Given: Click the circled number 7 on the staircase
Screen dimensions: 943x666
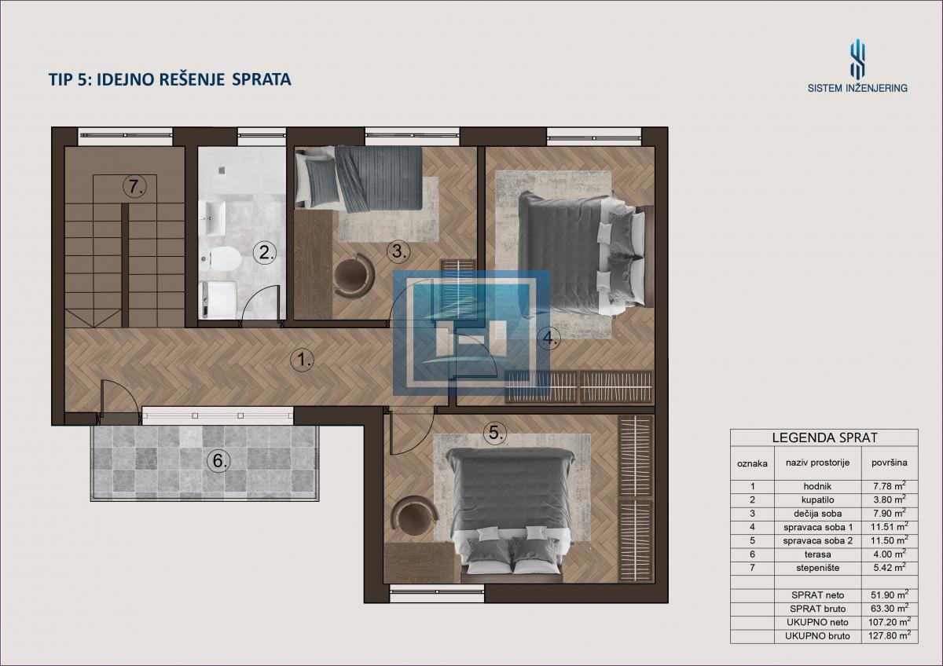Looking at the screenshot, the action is [x=134, y=186].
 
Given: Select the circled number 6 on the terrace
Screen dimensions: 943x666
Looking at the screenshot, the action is [x=219, y=461].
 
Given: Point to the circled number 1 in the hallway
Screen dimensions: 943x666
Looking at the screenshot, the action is [x=303, y=360].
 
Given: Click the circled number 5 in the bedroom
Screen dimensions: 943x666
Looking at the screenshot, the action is [x=495, y=432].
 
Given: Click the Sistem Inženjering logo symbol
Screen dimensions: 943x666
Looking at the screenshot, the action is [x=857, y=64].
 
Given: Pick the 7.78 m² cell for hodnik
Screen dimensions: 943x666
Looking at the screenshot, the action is [x=889, y=486].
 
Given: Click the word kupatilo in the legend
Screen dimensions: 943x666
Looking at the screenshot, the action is [x=817, y=499].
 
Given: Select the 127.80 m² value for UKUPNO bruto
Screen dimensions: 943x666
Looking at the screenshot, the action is [x=889, y=635].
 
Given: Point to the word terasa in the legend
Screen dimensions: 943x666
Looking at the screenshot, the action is [x=817, y=554].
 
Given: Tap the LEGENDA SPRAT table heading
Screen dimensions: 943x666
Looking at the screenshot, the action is [x=824, y=437].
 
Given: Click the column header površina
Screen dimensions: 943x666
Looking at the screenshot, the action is [x=889, y=463].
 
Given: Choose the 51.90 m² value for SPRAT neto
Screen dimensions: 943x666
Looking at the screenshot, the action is [x=889, y=595].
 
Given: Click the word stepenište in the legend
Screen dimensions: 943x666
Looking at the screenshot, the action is [x=817, y=568].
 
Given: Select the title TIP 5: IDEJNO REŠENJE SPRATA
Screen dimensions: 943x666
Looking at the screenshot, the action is [x=170, y=79].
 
